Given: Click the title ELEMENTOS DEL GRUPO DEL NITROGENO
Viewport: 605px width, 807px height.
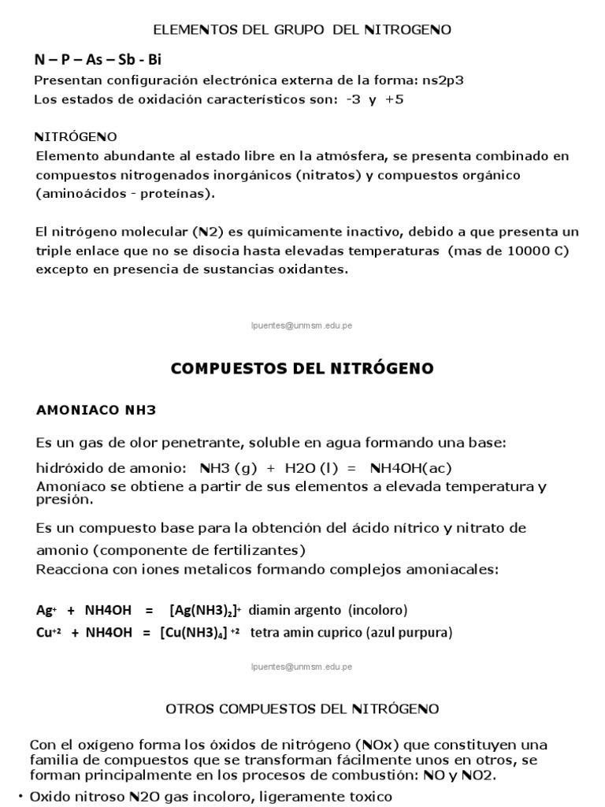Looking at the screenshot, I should click(x=302, y=30).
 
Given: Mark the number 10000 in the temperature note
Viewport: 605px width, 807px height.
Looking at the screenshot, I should click(x=519, y=251).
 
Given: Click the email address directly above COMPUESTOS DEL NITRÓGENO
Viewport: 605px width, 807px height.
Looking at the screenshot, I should click(x=302, y=325).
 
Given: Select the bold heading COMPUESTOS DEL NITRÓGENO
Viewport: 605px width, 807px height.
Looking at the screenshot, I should click(x=302, y=369).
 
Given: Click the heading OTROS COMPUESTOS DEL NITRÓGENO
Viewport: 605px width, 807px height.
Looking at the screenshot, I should click(x=302, y=709).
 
